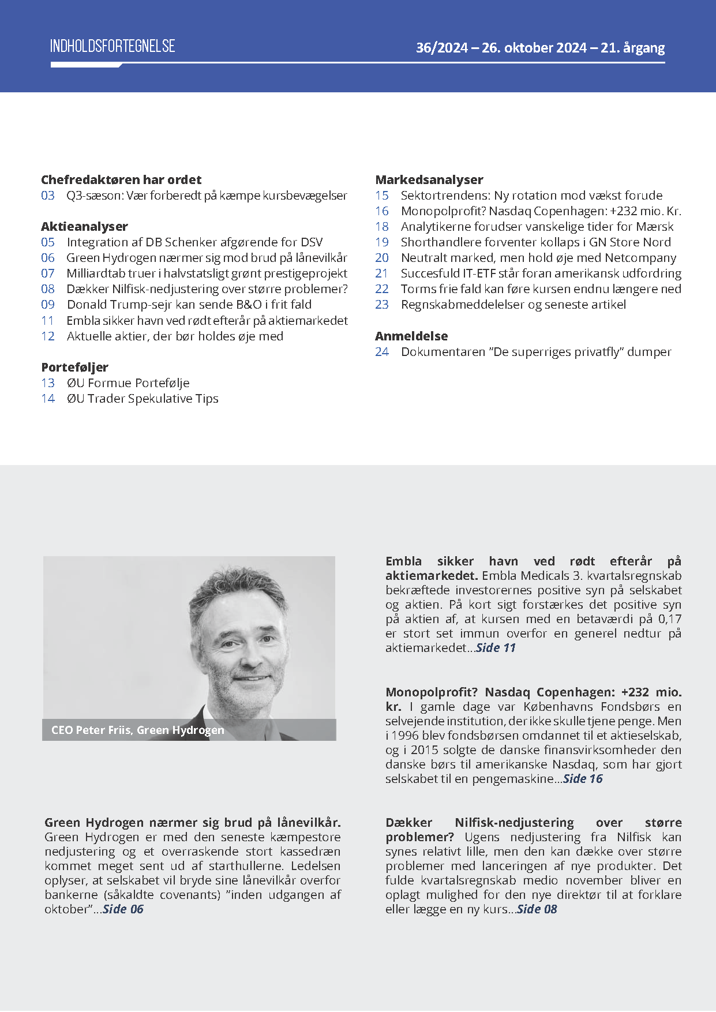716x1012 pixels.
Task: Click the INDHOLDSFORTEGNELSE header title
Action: [x=113, y=46]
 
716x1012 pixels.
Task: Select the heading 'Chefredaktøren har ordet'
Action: [x=121, y=179]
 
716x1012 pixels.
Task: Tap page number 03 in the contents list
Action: [x=48, y=196]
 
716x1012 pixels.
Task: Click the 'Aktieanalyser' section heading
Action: [x=84, y=226]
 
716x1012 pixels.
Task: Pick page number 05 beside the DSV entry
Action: [x=48, y=242]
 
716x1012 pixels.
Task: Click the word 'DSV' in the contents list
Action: [x=312, y=242]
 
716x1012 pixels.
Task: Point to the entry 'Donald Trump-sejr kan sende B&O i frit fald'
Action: [x=189, y=305]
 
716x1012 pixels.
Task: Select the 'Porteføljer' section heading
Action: [x=74, y=367]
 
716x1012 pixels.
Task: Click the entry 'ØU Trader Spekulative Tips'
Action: [x=143, y=399]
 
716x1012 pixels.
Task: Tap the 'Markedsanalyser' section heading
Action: [x=429, y=179]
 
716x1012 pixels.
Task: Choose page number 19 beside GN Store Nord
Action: [x=382, y=242]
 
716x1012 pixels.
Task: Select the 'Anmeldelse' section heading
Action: [x=411, y=336]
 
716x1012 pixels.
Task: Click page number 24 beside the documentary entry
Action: [x=382, y=352]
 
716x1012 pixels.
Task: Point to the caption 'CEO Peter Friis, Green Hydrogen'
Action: [x=137, y=730]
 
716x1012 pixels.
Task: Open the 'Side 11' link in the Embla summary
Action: [x=496, y=648]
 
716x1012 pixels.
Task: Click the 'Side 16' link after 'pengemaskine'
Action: [x=583, y=779]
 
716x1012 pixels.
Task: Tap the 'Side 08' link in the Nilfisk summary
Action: [x=537, y=909]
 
